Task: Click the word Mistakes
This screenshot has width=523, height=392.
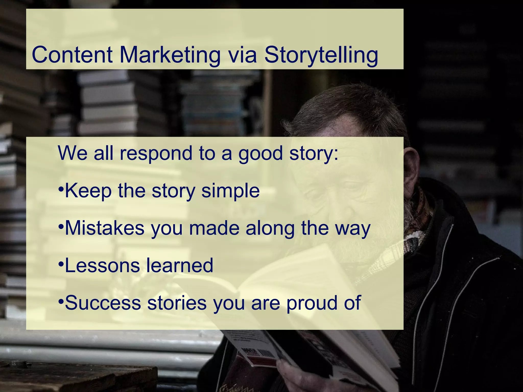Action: [105, 228]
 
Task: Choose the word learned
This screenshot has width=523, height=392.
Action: [180, 265]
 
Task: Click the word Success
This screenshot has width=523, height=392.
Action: [103, 303]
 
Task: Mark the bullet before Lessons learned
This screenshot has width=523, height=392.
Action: [61, 264]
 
